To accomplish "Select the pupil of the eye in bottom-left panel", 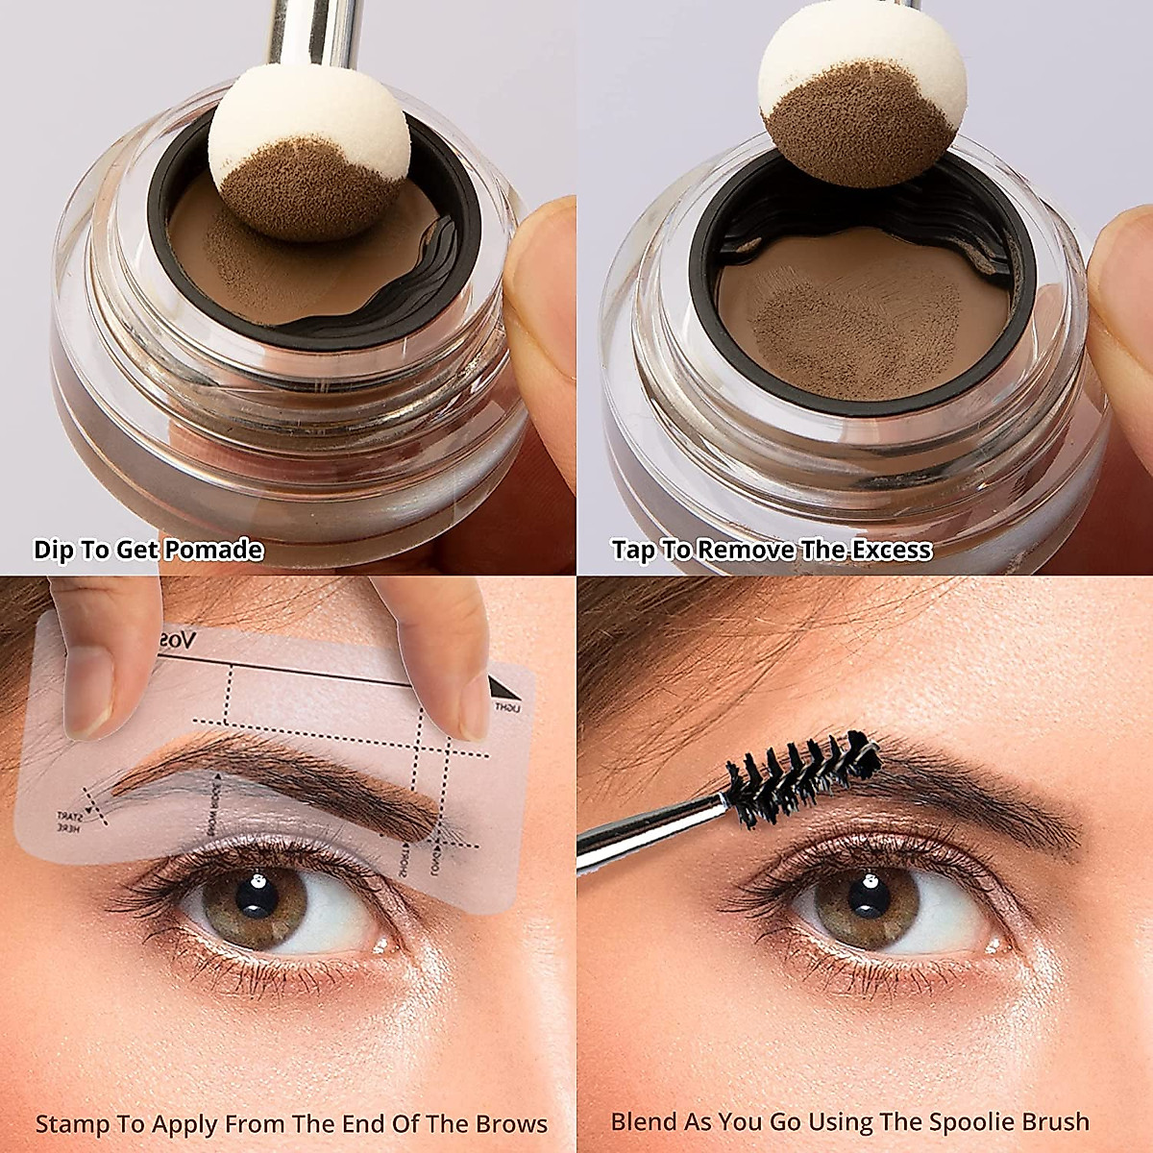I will click(x=258, y=896).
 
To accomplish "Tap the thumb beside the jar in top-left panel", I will click(x=542, y=288).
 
